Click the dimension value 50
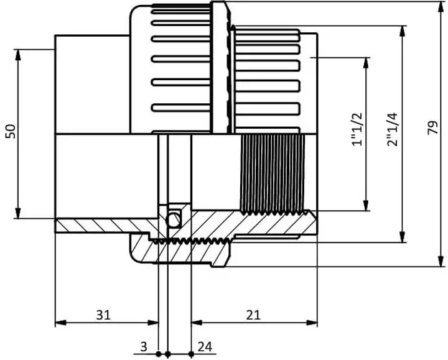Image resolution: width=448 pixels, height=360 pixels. coord(11,131)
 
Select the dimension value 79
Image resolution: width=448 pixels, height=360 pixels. coord(432,127)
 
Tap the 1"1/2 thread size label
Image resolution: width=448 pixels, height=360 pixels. coord(357,129)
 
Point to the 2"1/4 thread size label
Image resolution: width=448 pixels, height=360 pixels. coord(392,129)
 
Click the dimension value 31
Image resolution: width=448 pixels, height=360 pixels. coord(103,315)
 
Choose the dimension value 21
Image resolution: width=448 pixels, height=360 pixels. coord(253,315)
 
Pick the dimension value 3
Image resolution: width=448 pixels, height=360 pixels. coord(144,346)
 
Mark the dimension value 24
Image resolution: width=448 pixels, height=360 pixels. coord(205,346)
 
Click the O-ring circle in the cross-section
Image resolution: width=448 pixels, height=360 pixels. coord(173,219)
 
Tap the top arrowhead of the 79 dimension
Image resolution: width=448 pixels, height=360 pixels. coord(441,7)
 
